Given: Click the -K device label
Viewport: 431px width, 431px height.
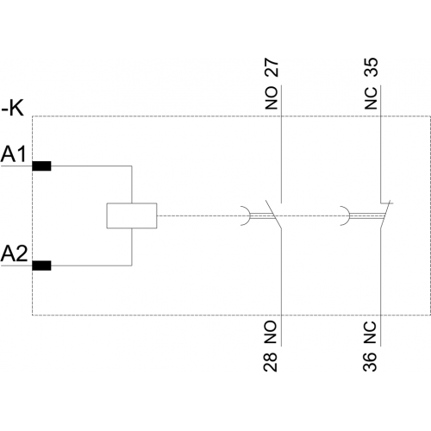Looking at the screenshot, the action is tap(13, 109).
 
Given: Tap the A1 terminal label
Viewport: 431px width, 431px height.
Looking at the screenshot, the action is tap(14, 154).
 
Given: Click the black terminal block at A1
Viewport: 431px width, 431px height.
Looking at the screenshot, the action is tap(41, 166).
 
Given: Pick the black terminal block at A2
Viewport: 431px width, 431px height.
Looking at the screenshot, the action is tap(41, 265).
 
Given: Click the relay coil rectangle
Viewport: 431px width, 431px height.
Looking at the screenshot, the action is tap(132, 215).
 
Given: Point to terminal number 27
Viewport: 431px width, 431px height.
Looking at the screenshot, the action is tap(271, 68).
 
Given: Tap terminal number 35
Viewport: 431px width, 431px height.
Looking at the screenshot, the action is tap(371, 67).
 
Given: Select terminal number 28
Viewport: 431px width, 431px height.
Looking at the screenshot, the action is tap(271, 363).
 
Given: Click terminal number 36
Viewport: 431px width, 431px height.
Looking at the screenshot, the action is tap(370, 363).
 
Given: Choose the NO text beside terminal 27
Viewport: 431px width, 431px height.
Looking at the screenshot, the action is tap(272, 98).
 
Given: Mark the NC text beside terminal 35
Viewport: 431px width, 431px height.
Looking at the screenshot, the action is tap(371, 98).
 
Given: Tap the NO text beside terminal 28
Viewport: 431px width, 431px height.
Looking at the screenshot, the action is tap(271, 333).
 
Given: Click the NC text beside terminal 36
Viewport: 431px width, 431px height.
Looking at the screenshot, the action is tap(370, 333).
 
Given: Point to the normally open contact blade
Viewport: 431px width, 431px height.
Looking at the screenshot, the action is tap(273, 215).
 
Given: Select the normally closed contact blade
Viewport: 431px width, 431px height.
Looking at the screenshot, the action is tap(385, 215).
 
